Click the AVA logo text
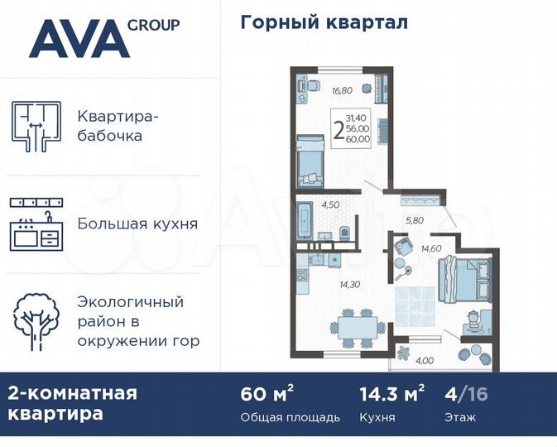pos(79,38)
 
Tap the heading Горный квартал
pos(324,22)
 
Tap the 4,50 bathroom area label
pos(331,204)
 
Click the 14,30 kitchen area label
pos(349,284)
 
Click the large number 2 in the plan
pos(338,130)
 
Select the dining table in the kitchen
pos(357,324)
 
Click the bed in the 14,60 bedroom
pos(465,278)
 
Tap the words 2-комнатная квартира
pos(73,403)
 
